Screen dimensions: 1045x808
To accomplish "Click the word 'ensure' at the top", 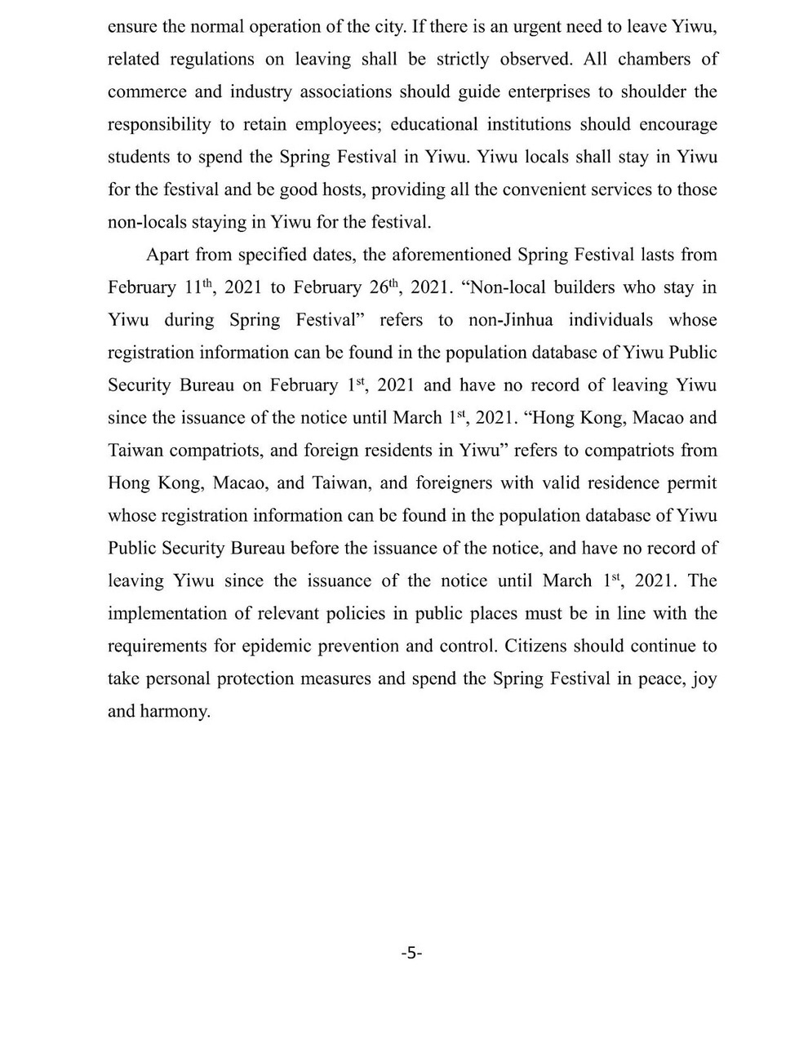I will [133, 26].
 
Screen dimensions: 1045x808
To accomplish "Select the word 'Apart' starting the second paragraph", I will [166, 255].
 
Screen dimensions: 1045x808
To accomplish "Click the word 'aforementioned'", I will [436, 255].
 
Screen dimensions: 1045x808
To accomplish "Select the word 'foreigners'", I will [453, 483].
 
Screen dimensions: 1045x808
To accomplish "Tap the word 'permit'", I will [692, 483].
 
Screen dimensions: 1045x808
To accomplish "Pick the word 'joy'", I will [704, 679].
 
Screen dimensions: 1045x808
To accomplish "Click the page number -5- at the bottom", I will [411, 953].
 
